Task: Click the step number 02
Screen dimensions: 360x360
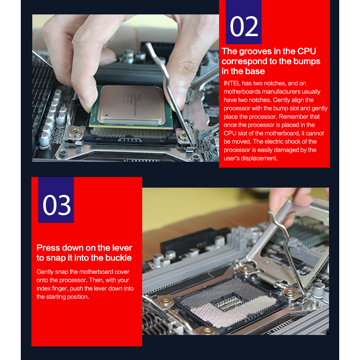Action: (x=244, y=26)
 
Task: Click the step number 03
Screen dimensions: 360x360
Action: (x=57, y=205)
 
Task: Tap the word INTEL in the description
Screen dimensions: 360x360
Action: (x=232, y=83)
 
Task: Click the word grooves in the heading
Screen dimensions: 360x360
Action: (x=255, y=51)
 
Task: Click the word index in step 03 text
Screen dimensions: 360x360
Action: (x=43, y=289)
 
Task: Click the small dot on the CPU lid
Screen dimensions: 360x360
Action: (x=106, y=114)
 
